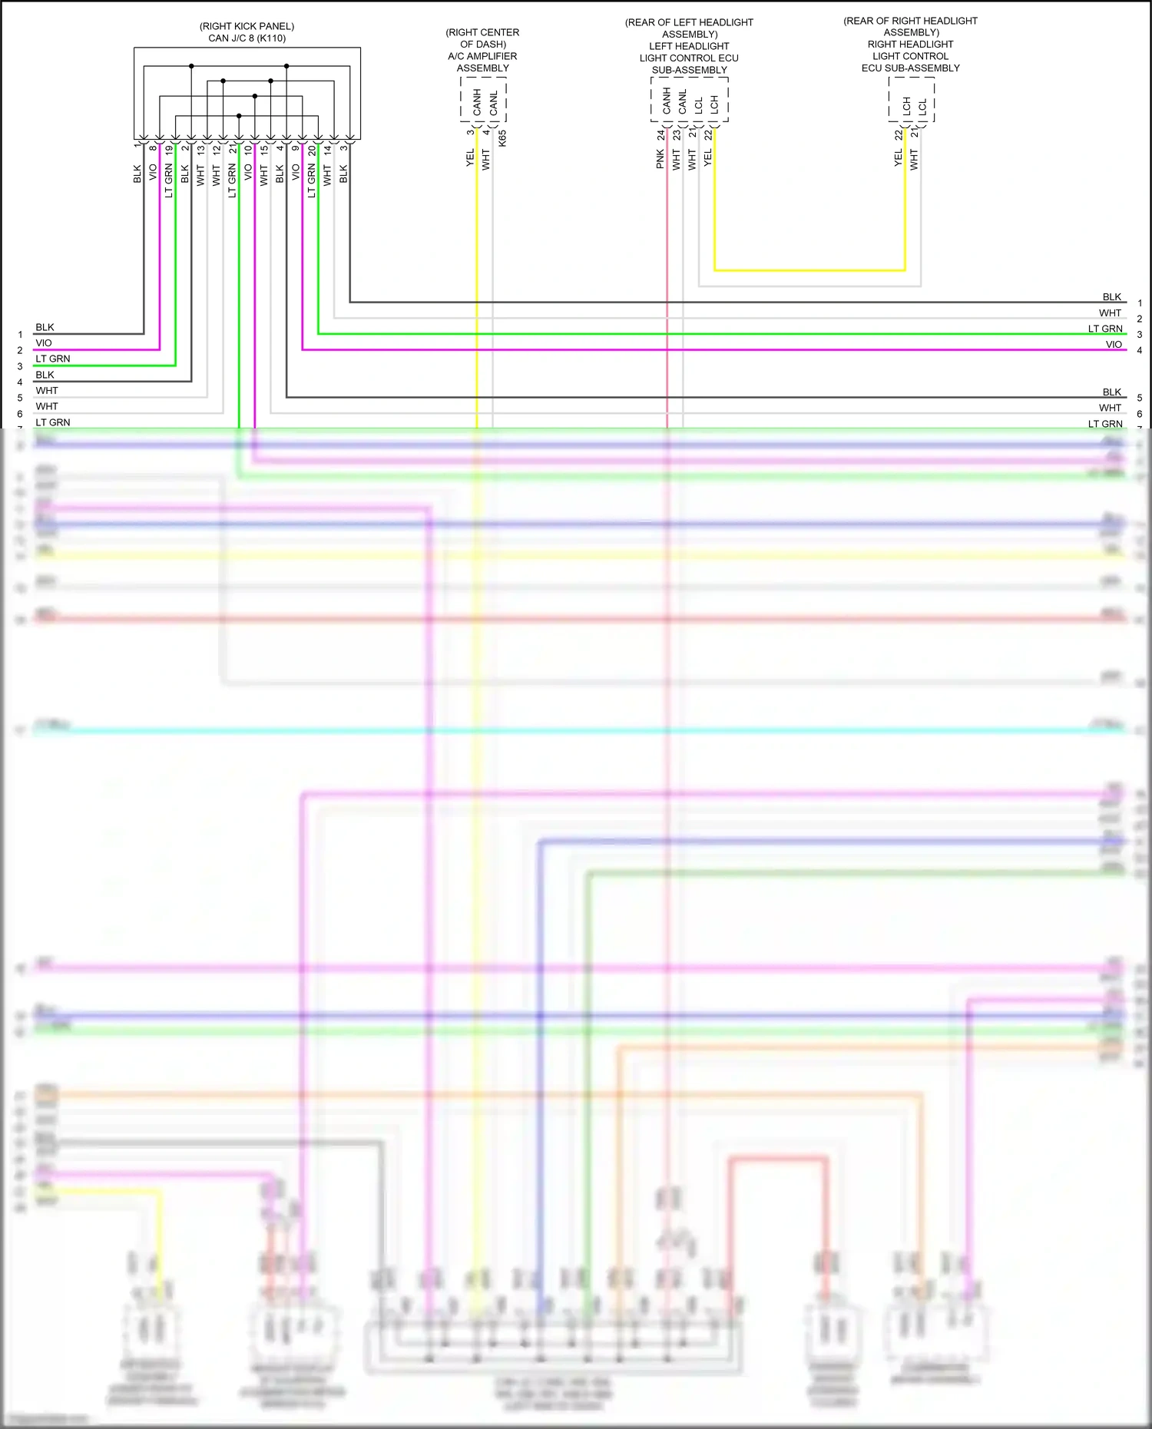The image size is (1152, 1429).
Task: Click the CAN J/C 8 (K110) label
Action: [x=247, y=38]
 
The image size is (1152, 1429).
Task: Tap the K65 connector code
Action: [x=502, y=138]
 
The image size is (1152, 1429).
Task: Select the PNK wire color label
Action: [x=660, y=159]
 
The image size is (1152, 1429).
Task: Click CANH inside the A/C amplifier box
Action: [x=477, y=102]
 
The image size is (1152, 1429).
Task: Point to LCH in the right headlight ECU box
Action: [x=907, y=106]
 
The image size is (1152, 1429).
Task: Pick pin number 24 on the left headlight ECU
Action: [x=660, y=134]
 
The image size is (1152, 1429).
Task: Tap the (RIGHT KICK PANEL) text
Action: [x=247, y=26]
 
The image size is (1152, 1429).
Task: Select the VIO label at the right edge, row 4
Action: [x=1114, y=345]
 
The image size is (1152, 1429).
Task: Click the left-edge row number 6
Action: [x=20, y=414]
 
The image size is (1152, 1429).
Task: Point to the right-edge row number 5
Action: [x=1140, y=398]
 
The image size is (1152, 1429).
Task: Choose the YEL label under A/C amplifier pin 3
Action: [x=470, y=158]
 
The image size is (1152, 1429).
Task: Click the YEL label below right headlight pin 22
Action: [x=898, y=158]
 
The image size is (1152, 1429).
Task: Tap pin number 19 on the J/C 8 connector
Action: [x=169, y=150]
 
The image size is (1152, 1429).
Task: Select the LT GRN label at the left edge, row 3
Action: [x=52, y=359]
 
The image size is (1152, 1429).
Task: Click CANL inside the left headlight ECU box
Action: [x=682, y=102]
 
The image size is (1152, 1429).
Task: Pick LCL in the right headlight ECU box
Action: [x=922, y=106]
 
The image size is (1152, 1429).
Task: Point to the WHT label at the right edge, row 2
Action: [x=1110, y=313]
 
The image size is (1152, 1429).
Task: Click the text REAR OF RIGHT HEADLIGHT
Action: [x=910, y=21]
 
